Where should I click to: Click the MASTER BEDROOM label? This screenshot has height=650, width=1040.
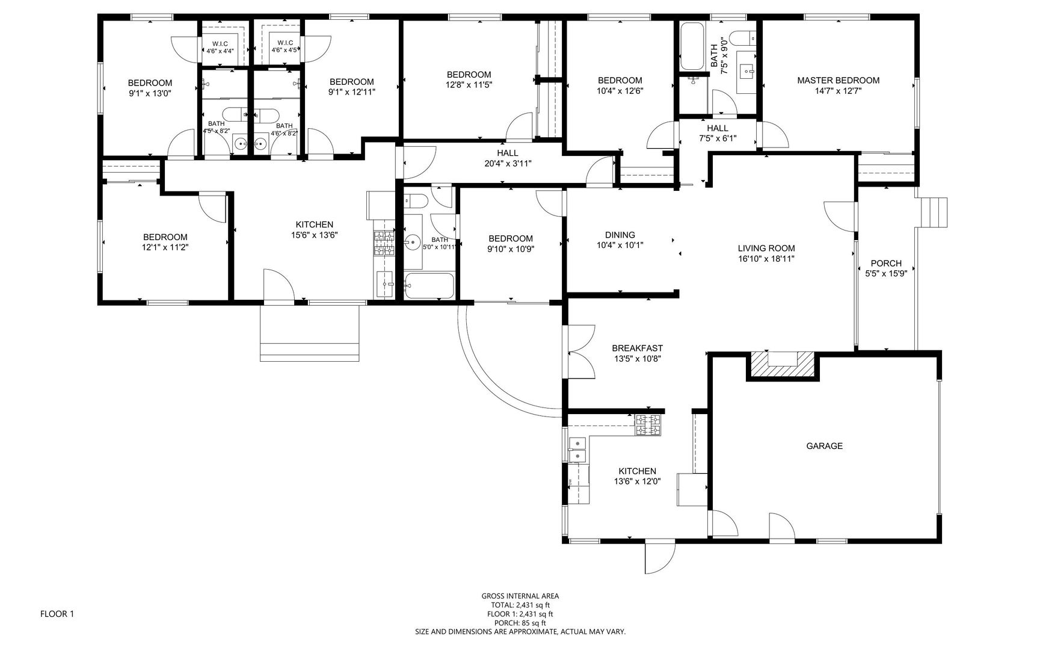tap(838, 80)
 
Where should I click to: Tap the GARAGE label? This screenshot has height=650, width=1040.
tap(824, 446)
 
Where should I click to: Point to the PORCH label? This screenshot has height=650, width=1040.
tap(886, 263)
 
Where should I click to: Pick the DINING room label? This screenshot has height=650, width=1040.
tap(620, 235)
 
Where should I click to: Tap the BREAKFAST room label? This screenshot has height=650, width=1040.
tap(637, 348)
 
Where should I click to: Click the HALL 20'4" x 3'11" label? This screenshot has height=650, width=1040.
tap(508, 158)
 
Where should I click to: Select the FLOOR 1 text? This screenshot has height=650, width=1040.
tap(57, 614)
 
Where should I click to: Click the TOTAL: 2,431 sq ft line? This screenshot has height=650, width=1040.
tap(520, 605)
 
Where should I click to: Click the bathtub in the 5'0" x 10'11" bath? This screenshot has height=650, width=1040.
tap(429, 286)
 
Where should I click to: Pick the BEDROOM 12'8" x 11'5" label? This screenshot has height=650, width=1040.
tap(469, 79)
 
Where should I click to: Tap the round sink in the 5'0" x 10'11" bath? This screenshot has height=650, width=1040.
tap(413, 243)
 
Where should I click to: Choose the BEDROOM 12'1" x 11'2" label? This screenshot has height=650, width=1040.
tap(165, 242)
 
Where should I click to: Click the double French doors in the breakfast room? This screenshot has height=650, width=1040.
tap(580, 351)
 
